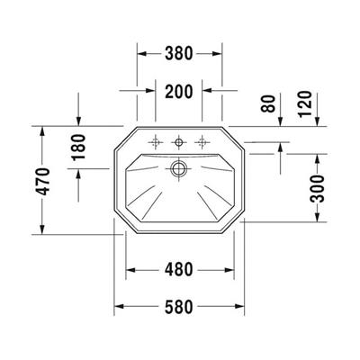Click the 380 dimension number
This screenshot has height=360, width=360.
coord(180,53)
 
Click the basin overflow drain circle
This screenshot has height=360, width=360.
coord(180,166)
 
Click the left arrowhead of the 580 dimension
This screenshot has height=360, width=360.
coord(117,305)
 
